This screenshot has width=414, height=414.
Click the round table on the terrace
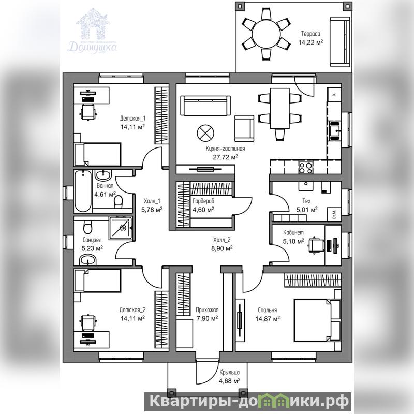coord(266,34)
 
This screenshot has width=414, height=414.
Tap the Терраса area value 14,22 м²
coord(311,42)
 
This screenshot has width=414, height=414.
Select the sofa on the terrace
coord(340,42)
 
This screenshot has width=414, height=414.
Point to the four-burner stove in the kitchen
coord(306,167)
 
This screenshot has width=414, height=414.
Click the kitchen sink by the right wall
coord(335,131)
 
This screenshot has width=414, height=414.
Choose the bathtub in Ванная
coord(83,191)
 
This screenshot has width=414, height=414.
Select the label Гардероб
coord(203,201)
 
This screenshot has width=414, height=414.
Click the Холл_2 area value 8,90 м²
coord(222,248)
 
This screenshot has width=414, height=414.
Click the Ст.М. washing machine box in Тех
coord(334,214)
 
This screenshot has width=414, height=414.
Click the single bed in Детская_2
coord(97,280)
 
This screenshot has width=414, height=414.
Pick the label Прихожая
coord(207,309)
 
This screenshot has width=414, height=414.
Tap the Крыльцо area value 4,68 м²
coord(229,380)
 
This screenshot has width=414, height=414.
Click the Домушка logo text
coord(93,47)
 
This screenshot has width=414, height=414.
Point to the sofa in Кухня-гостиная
coord(205,106)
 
